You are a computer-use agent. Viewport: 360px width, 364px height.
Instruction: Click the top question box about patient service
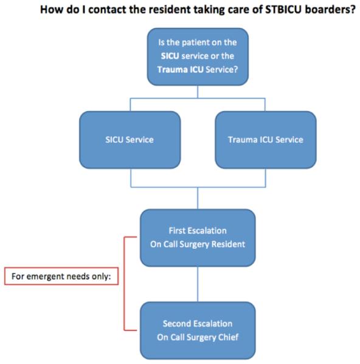click(x=198, y=57)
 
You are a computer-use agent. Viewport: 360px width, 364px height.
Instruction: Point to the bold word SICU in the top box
click(x=170, y=56)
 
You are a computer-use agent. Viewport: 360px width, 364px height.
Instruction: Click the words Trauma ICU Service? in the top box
click(x=198, y=69)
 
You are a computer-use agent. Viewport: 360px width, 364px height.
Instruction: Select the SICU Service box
click(x=130, y=140)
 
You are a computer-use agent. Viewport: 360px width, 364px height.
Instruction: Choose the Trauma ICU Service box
click(x=266, y=140)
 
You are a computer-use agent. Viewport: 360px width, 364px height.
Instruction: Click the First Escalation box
click(x=198, y=238)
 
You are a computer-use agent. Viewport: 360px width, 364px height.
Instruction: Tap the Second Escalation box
click(x=198, y=331)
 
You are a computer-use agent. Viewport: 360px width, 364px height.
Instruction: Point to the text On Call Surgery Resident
click(x=198, y=244)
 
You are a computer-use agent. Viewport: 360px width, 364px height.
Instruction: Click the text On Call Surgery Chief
click(x=198, y=337)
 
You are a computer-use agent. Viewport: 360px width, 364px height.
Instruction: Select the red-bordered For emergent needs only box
click(x=61, y=276)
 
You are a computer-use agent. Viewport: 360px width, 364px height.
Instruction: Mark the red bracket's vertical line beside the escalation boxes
click(x=125, y=283)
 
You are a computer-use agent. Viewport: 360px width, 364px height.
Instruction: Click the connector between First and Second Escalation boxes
click(x=198, y=284)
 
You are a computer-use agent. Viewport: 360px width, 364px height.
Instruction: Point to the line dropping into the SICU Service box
click(x=130, y=105)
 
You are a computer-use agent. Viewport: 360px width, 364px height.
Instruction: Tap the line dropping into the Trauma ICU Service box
click(x=265, y=105)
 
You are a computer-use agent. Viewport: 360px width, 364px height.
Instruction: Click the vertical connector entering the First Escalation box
click(x=198, y=198)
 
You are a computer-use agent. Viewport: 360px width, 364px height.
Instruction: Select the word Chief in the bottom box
click(x=230, y=337)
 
